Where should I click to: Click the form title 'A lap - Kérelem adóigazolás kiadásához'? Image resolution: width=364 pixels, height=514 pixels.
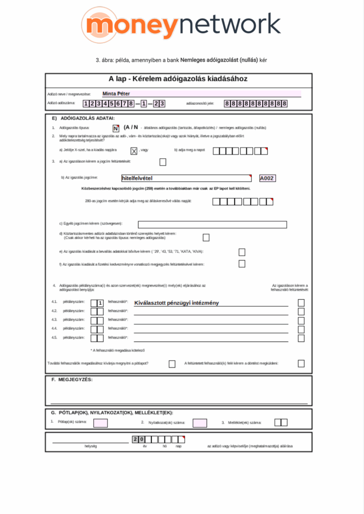[x=178, y=79]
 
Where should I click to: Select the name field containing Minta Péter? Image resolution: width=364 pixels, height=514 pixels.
[x=201, y=93]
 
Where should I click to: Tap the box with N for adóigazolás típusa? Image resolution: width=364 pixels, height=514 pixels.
[x=116, y=128]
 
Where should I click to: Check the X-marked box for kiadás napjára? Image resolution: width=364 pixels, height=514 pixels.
[x=134, y=151]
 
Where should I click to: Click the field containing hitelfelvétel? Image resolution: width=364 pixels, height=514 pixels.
[x=186, y=178]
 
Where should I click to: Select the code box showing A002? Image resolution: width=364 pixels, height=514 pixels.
[x=267, y=178]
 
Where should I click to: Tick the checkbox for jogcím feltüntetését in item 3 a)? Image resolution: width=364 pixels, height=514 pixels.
[x=162, y=162]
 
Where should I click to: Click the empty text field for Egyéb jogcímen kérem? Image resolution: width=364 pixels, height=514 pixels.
[x=212, y=224]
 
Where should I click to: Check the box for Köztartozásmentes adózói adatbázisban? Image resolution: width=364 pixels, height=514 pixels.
[x=206, y=237]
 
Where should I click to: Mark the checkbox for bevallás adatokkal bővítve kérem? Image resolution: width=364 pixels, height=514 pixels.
[x=242, y=252]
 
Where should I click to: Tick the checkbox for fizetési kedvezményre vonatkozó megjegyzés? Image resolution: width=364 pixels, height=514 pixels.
[x=242, y=264]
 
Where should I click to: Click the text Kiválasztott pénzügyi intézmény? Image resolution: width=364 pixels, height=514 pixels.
[x=176, y=303]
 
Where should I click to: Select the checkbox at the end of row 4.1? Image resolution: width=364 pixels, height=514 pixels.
[x=301, y=303]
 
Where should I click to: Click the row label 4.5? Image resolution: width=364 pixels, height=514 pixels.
[x=54, y=337]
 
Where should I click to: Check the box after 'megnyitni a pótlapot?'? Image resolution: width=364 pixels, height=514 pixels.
[x=172, y=363]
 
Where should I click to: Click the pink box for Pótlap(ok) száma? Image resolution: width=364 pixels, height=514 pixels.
[x=100, y=423]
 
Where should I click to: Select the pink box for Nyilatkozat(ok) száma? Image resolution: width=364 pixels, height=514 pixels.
[x=200, y=423]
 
